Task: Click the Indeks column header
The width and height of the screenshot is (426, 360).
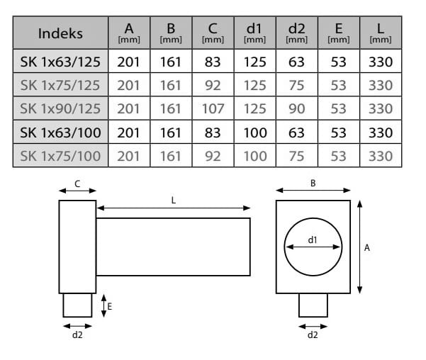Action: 60,33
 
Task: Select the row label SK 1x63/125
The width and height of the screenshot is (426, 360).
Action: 60,62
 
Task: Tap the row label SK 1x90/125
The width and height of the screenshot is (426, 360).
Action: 60,108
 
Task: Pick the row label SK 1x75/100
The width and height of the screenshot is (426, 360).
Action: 60,156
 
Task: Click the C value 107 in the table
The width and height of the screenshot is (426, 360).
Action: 213,108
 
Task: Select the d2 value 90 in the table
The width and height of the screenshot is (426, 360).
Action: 297,108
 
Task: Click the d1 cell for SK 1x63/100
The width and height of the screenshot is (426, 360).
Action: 254,132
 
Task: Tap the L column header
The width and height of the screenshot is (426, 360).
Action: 381,33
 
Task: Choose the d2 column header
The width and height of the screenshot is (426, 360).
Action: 297,33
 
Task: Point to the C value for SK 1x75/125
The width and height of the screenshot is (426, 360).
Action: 213,85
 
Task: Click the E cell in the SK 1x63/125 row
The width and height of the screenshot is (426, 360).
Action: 339,62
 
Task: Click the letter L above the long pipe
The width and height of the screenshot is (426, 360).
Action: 174,201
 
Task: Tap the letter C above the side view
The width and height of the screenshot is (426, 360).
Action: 77,184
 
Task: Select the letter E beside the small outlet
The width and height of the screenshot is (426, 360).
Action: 110,306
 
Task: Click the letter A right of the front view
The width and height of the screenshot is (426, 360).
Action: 366,247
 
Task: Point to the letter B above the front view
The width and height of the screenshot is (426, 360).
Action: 313,183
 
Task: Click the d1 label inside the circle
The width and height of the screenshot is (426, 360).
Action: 313,240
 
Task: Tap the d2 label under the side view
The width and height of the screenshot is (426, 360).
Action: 77,334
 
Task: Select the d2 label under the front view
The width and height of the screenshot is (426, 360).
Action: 313,334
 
